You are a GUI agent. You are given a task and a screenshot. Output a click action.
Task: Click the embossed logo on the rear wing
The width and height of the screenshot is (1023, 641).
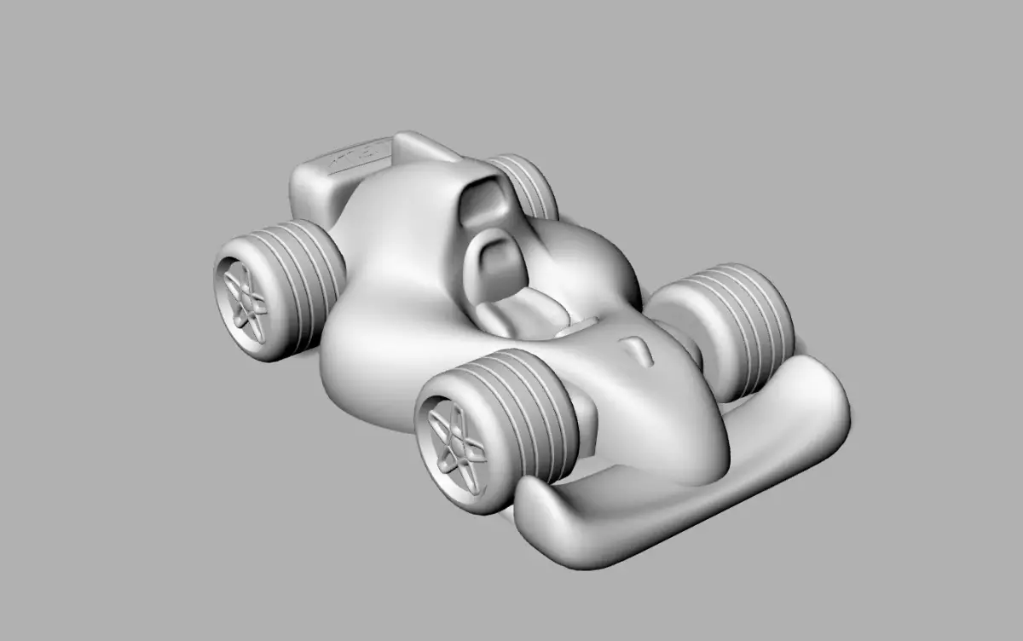click(x=358, y=158)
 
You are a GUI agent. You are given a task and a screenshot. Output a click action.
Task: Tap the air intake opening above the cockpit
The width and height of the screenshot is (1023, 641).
click(x=484, y=203)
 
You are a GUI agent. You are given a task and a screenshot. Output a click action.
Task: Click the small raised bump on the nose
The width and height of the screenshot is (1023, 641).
click(x=638, y=349)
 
